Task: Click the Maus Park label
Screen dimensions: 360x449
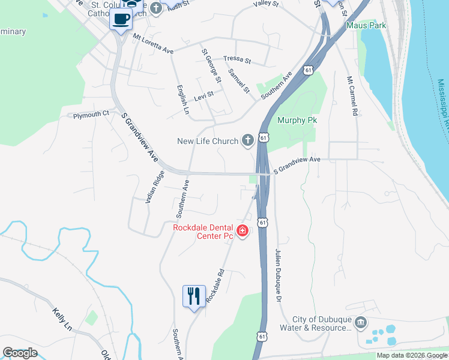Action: [366, 26]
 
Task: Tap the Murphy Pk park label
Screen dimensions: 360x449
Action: [297, 120]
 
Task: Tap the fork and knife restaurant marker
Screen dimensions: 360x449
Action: [193, 296]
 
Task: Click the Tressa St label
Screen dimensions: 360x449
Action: [237, 60]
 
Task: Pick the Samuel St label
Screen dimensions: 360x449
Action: [238, 80]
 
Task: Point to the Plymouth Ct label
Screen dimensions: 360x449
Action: [91, 113]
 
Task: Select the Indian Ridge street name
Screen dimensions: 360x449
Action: [154, 187]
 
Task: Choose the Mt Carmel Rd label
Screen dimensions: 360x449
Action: [352, 96]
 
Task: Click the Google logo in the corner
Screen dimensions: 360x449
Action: [20, 352]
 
